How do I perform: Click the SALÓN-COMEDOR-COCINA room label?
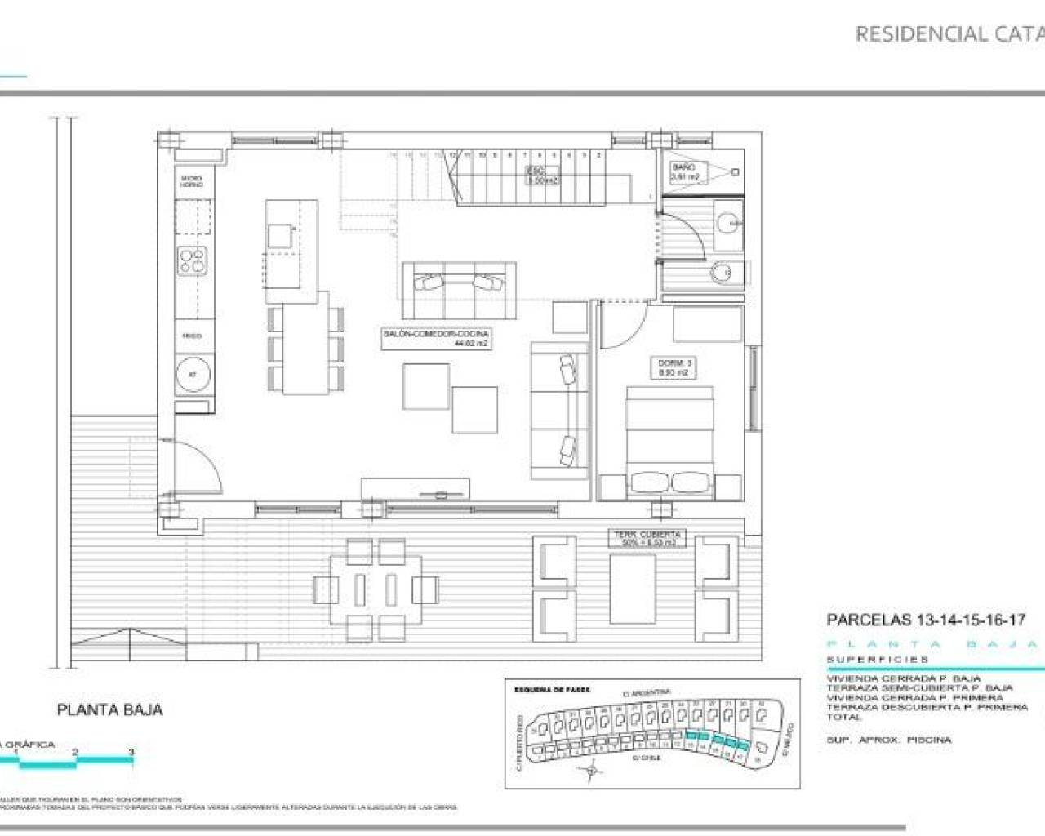pos(437,338)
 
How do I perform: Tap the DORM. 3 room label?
pos(674,367)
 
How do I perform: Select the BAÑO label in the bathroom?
pos(684,171)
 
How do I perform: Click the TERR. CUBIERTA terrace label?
pos(648,538)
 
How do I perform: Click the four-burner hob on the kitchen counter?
pos(193,261)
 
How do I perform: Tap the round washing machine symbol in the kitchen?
pos(193,375)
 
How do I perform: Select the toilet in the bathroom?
pos(723,272)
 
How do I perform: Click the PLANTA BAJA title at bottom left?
pos(109,710)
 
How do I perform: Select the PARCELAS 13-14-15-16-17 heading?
pos(926,620)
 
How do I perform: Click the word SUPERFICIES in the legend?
pos(878,660)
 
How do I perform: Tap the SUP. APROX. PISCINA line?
pos(888,740)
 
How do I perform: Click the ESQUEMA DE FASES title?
pos(552,690)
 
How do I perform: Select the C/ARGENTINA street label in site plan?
pos(647,693)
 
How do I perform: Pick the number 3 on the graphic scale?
pos(131,751)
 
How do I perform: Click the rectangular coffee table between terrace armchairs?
pos(633,588)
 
